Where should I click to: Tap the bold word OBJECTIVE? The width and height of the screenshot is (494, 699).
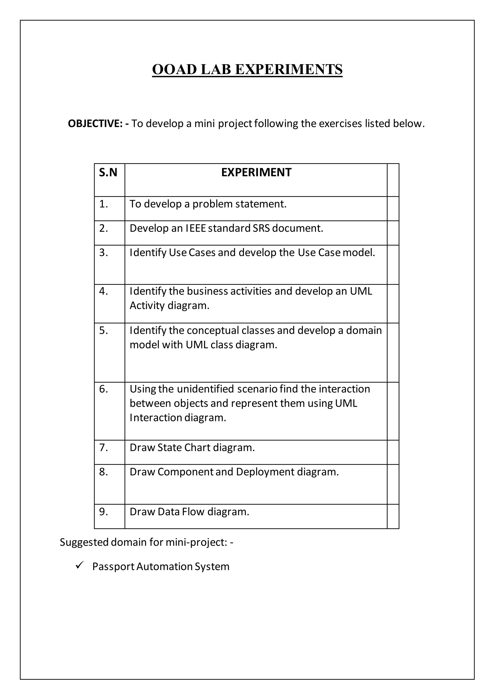[95, 124]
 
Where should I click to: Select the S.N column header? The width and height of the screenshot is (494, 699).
[108, 173]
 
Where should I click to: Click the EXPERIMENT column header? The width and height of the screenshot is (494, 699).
[256, 173]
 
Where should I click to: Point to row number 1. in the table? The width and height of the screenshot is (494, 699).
[103, 204]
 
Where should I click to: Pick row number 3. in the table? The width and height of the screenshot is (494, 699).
[103, 253]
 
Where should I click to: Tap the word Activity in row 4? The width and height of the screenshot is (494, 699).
[147, 306]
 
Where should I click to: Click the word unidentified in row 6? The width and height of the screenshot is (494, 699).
[205, 389]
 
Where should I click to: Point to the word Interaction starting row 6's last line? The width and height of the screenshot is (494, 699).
[156, 418]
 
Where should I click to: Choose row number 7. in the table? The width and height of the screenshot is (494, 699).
[103, 447]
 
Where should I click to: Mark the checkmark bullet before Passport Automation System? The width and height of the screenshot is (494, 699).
[80, 566]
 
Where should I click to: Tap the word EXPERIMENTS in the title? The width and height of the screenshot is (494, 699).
[289, 70]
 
